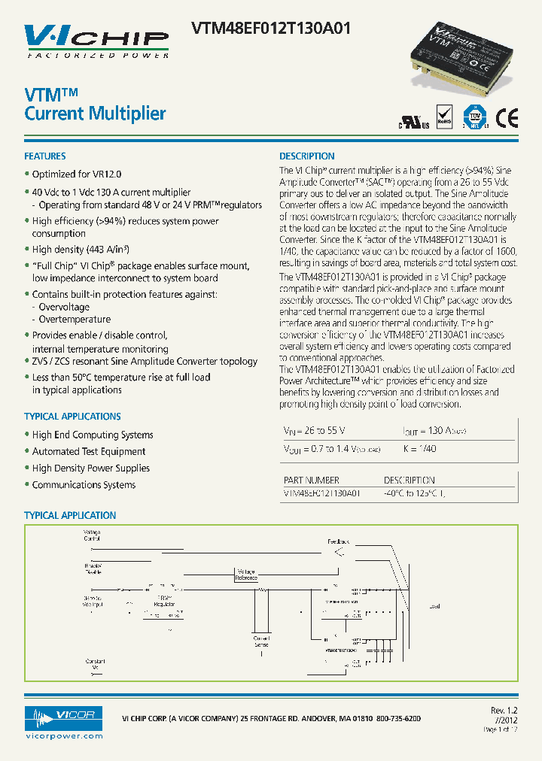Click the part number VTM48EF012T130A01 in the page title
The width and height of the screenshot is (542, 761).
[x=271, y=29]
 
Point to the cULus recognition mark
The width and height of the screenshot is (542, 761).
[x=413, y=123]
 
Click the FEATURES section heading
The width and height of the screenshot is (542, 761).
[x=45, y=156]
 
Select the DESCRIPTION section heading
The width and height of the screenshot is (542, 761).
[x=307, y=156]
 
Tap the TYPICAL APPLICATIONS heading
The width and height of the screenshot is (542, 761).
[x=72, y=417]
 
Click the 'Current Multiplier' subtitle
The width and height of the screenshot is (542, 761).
[x=95, y=114]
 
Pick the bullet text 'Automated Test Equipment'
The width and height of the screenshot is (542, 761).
[x=89, y=452]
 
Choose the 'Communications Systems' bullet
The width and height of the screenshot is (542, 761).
[x=84, y=485]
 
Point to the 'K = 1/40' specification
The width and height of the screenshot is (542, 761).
[x=420, y=449]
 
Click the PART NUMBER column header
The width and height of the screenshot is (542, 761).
[x=311, y=481]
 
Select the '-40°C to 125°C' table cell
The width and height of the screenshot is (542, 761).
[x=414, y=493]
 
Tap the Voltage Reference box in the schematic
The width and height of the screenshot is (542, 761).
[x=246, y=575]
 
